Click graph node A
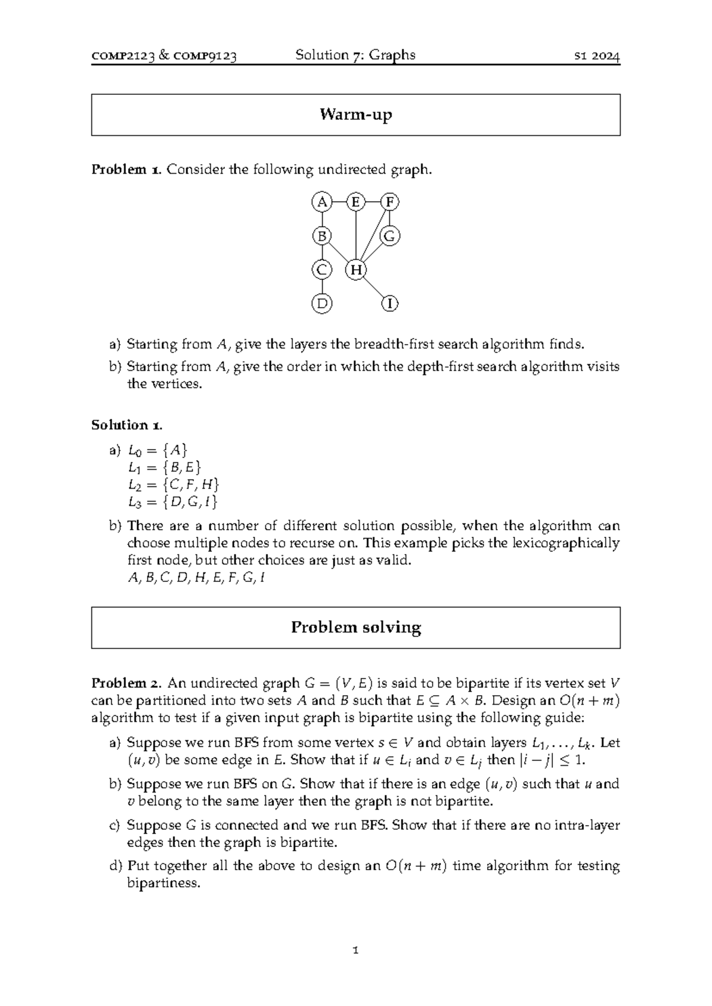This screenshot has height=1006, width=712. click(322, 202)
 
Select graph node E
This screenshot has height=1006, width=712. click(355, 202)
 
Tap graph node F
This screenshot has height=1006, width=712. click(390, 202)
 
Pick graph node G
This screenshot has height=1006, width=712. click(390, 237)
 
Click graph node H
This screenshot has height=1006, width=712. click(355, 270)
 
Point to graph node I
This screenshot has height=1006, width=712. click(390, 304)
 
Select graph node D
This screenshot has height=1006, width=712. click(322, 304)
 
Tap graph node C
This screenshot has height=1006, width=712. click(322, 270)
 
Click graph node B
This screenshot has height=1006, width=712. click(322, 237)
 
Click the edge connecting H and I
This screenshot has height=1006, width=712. click(373, 288)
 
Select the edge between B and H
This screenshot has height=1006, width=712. click(339, 254)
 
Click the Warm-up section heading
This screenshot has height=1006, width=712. click(355, 114)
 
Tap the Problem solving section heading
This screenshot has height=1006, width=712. click(355, 628)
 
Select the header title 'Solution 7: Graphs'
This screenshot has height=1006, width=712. click(355, 55)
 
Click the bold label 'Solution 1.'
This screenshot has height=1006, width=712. click(126, 425)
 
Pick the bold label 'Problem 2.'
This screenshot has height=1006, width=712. click(126, 683)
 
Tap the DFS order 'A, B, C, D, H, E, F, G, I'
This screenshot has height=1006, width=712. click(196, 578)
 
